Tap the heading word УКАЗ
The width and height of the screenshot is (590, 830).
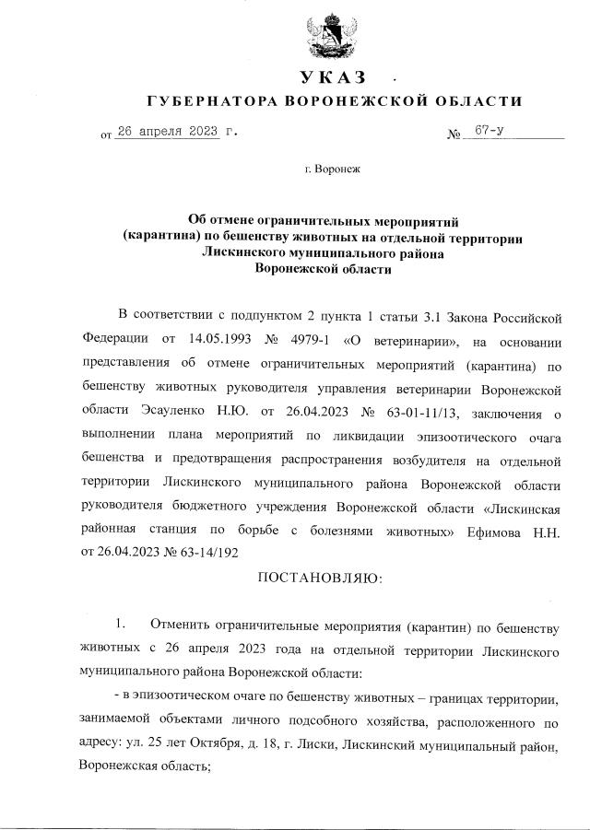pyautogui.click(x=333, y=76)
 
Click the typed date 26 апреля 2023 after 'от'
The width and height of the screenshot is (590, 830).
pyautogui.click(x=167, y=133)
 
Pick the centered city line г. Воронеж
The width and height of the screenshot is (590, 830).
pyautogui.click(x=335, y=170)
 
